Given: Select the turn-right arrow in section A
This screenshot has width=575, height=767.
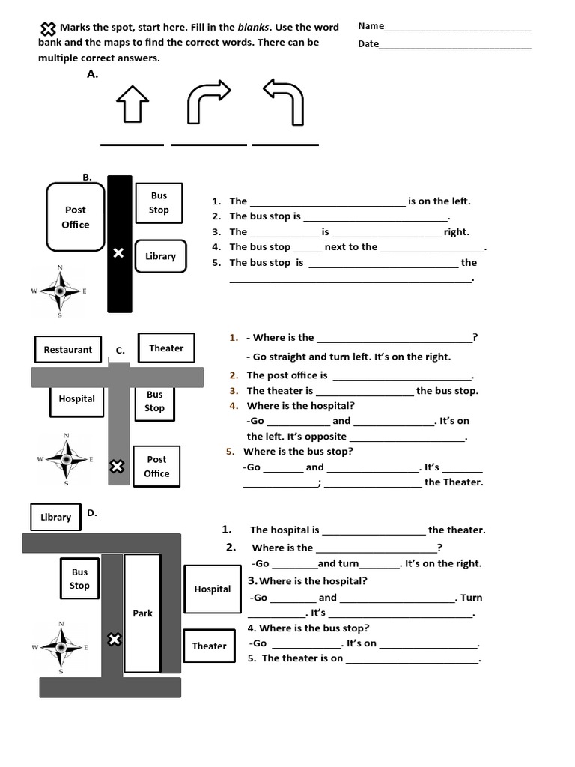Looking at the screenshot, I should point(207,103).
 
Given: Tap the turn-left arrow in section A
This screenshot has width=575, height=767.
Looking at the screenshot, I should point(285,103).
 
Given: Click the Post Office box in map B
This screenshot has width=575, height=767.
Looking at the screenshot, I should point(76,217).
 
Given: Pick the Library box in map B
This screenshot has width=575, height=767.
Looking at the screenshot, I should point(160,256).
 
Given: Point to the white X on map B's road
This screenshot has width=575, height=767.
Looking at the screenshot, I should point(118,253).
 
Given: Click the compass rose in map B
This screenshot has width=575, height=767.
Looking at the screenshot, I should point(60,291).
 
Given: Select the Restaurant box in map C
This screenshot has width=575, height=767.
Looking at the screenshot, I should point(67,349).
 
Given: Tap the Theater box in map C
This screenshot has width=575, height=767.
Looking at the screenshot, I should point(166,348).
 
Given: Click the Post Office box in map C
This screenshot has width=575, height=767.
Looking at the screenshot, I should point(156,466).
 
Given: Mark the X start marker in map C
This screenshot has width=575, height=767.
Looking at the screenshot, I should point(117,467).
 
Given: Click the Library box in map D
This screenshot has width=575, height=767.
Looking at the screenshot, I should point(56,517).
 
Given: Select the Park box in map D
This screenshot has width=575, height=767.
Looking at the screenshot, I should point(142,613).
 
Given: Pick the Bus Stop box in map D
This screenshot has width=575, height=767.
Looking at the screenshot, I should point(79,578).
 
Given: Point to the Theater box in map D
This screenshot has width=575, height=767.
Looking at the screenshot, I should point(209,646).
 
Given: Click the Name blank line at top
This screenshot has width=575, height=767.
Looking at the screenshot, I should point(457,28).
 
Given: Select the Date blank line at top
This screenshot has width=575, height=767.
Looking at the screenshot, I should point(455,46).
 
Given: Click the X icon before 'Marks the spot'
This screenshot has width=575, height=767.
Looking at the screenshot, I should point(48,29).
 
